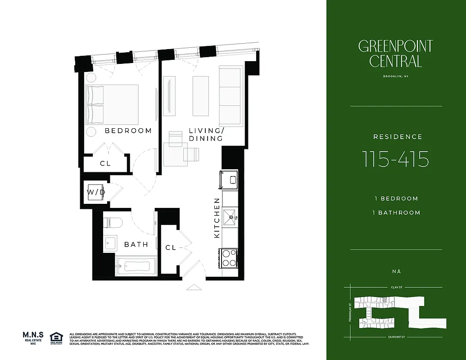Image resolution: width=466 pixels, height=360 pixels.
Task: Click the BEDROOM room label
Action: point(128,131)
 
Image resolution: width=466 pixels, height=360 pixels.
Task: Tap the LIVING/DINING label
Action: point(206,135)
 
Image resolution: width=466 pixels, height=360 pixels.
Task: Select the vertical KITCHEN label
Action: point(217,218)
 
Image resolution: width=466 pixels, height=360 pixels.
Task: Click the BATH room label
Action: point(136,244)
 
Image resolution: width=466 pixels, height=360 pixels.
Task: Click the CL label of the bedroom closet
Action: point(105,164)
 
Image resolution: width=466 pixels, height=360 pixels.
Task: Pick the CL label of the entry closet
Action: point(170,247)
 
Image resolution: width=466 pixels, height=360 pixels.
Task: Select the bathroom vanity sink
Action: point(109,243)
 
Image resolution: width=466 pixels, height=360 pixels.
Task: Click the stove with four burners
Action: point(229,258)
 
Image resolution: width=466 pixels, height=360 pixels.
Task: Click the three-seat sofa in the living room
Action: point(230,96)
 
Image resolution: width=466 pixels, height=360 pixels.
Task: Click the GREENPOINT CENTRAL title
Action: point(395,54)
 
